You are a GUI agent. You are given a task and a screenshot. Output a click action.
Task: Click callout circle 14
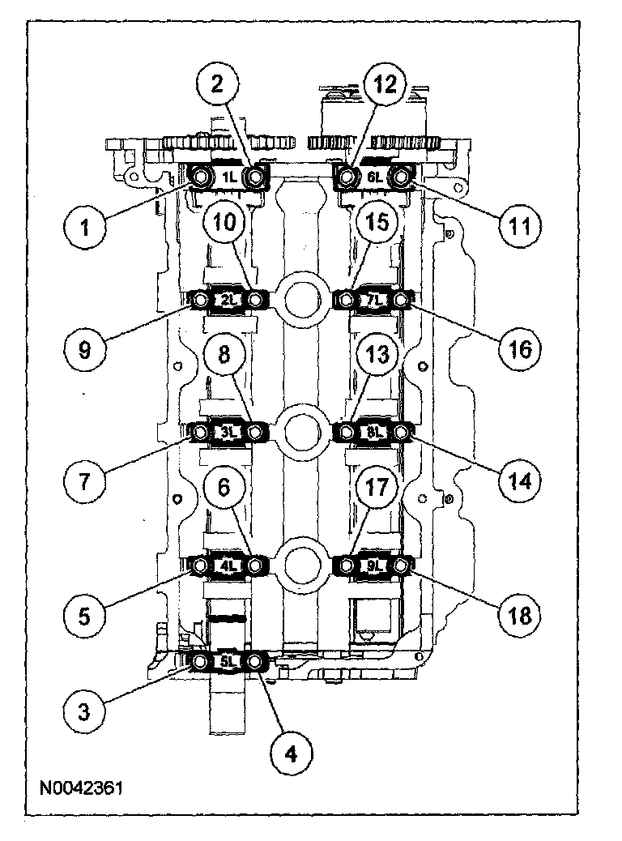pos(518,480)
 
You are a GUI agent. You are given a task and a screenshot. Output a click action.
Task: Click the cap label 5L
pos(228,662)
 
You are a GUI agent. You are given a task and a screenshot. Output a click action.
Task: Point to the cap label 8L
pos(373,433)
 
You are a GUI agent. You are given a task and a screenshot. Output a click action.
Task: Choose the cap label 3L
pos(228,433)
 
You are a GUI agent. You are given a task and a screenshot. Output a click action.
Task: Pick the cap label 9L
pos(373,566)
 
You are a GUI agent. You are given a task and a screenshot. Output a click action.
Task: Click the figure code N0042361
pos(79,787)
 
